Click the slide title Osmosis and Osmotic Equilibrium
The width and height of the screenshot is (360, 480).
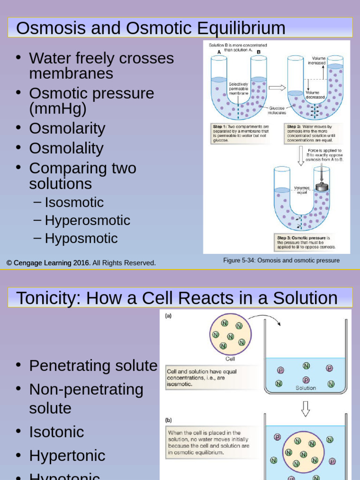coord(150,28)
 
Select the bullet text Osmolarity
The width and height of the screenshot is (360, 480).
coord(67,128)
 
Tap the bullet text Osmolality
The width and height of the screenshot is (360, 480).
coord(66,148)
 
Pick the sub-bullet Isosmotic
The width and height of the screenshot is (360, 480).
coord(74,202)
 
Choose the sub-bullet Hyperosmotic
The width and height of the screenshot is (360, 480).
coord(87,220)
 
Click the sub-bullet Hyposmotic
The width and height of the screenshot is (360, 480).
coord(81,238)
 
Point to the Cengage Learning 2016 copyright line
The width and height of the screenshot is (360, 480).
coord(81,263)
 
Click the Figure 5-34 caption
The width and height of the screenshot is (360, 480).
coord(281,261)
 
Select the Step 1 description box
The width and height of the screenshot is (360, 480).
coord(241,133)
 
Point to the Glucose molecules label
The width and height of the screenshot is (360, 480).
coord(277,110)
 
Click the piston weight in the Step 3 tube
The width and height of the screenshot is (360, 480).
coord(322,187)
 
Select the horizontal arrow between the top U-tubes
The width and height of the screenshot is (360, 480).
coord(277,87)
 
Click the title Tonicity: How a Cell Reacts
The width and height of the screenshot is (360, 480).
coord(177,298)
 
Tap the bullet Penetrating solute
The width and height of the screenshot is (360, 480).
coord(93,366)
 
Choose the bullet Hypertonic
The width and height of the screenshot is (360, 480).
coord(67,455)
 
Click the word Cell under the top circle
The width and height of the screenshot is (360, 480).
coord(230,359)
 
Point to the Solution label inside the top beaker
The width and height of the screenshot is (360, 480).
coord(306,388)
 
